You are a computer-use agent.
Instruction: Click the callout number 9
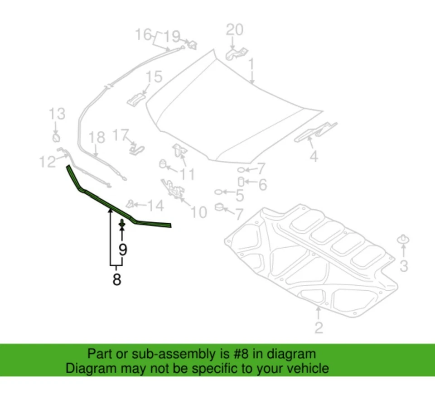[123, 249]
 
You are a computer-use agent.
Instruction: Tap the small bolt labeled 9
[122, 224]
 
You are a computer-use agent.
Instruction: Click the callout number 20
[234, 30]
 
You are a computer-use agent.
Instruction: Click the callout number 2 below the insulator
[319, 327]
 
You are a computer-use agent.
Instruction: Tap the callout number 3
[403, 266]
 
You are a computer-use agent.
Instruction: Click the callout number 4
[314, 157]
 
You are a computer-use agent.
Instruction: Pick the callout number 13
[57, 114]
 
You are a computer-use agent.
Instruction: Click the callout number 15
[154, 77]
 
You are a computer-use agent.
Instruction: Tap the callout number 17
[121, 135]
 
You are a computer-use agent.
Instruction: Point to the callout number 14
[155, 207]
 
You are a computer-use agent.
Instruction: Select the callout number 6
[262, 184]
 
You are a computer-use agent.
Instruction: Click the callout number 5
[239, 196]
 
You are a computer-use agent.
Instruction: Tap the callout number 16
[144, 34]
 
